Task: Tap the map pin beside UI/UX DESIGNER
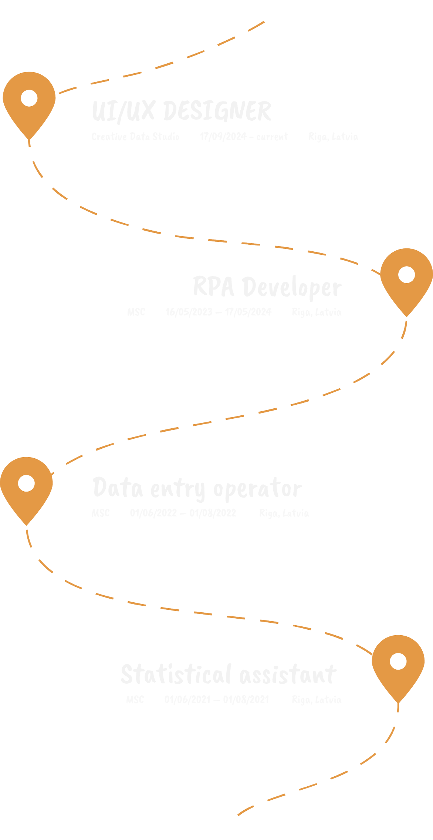29,102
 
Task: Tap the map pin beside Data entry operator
26,487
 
